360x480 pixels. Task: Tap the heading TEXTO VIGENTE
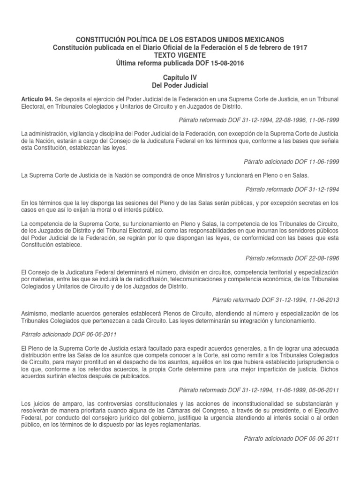tap(180, 55)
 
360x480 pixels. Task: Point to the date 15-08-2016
tap(227, 63)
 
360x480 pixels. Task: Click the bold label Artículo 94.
tap(37, 99)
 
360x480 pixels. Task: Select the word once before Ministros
tap(180, 175)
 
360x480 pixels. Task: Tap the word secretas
tap(302, 202)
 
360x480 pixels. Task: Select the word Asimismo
tap(36, 313)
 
